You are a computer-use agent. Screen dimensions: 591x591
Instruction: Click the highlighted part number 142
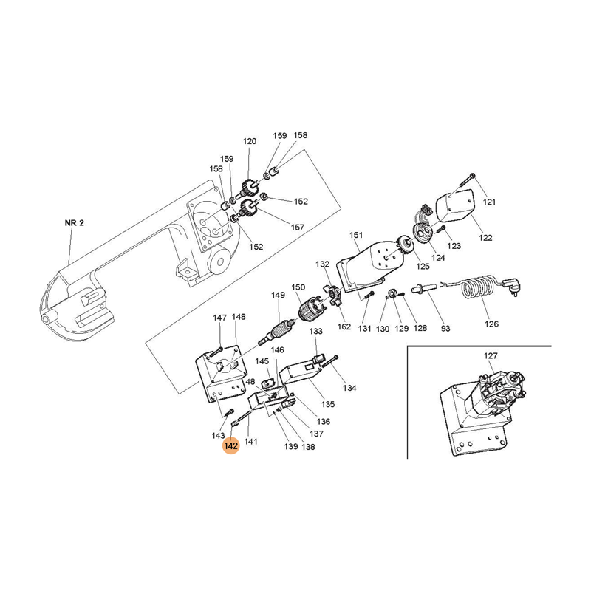point(231,446)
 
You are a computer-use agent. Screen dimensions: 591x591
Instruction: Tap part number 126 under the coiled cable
point(491,324)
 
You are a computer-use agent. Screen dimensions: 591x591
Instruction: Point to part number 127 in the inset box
point(491,356)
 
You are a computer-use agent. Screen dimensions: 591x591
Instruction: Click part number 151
point(357,236)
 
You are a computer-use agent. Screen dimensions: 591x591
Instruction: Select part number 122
point(485,238)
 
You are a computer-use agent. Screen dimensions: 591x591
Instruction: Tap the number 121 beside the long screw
point(488,202)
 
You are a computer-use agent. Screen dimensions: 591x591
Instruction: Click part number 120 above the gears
point(249,142)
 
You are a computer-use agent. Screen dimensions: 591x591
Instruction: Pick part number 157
point(297,227)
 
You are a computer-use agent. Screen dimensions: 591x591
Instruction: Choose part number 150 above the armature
point(298,287)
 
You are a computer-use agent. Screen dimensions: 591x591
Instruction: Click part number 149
point(277,295)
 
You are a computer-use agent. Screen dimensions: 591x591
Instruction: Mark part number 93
point(445,327)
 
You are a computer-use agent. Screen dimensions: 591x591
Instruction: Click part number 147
point(220,318)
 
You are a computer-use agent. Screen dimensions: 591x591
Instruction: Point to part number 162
point(344,326)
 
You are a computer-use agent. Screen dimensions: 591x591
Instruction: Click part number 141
point(251,442)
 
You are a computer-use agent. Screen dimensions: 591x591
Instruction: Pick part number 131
point(364,327)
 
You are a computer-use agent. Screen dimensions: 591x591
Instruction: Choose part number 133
point(315,332)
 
